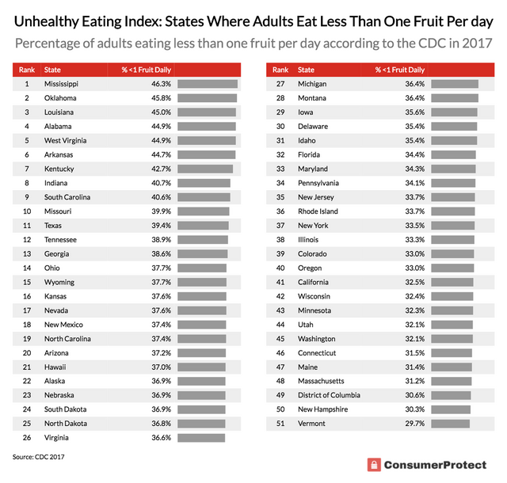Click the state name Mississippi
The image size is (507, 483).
click(x=61, y=83)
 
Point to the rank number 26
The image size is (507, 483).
click(x=26, y=438)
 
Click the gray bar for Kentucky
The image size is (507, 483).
click(x=204, y=169)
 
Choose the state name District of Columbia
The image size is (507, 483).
click(x=329, y=395)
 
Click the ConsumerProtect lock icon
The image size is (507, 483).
click(x=374, y=465)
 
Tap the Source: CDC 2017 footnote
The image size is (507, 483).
click(x=39, y=457)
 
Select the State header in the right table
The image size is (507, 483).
click(x=306, y=70)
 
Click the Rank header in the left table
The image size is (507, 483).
click(x=26, y=70)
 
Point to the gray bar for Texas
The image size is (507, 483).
click(x=203, y=225)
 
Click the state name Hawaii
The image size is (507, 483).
click(x=55, y=367)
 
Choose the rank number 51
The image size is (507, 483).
click(x=280, y=424)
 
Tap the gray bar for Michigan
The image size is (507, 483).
click(x=455, y=83)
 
